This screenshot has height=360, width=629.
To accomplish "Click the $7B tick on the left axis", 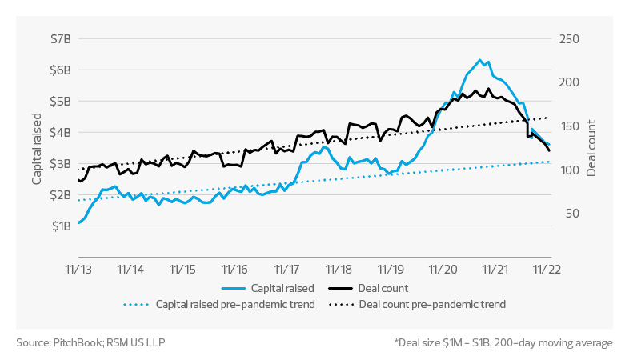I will click(60, 39).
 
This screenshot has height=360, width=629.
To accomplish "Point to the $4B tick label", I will click(60, 133).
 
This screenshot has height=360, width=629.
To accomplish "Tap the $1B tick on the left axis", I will click(60, 226).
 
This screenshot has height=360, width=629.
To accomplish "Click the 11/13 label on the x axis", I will click(81, 270).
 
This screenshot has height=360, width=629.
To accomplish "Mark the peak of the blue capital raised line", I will click(479, 60).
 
